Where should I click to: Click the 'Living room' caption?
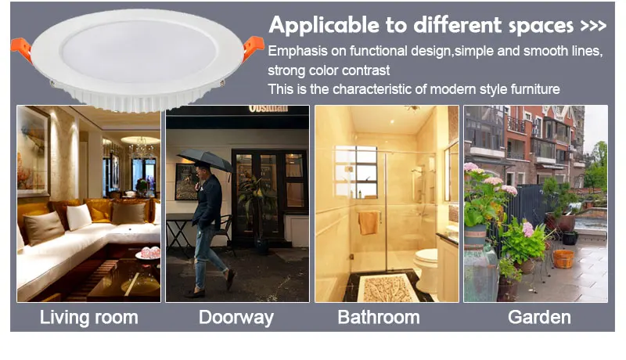[88, 318]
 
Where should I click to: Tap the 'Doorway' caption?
[236, 318]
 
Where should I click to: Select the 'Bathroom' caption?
[379, 317]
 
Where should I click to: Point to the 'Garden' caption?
[539, 317]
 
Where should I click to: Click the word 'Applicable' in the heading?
[324, 25]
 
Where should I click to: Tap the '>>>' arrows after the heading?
[594, 26]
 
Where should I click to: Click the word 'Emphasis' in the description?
[298, 51]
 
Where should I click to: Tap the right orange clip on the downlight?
[253, 46]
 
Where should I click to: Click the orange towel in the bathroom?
[369, 223]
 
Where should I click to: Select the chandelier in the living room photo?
[141, 148]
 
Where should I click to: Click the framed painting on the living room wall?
[33, 152]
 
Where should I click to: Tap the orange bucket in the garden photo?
[563, 258]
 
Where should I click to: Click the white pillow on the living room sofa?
[79, 217]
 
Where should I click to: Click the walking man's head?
[202, 169]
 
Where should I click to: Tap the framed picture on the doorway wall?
[186, 182]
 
